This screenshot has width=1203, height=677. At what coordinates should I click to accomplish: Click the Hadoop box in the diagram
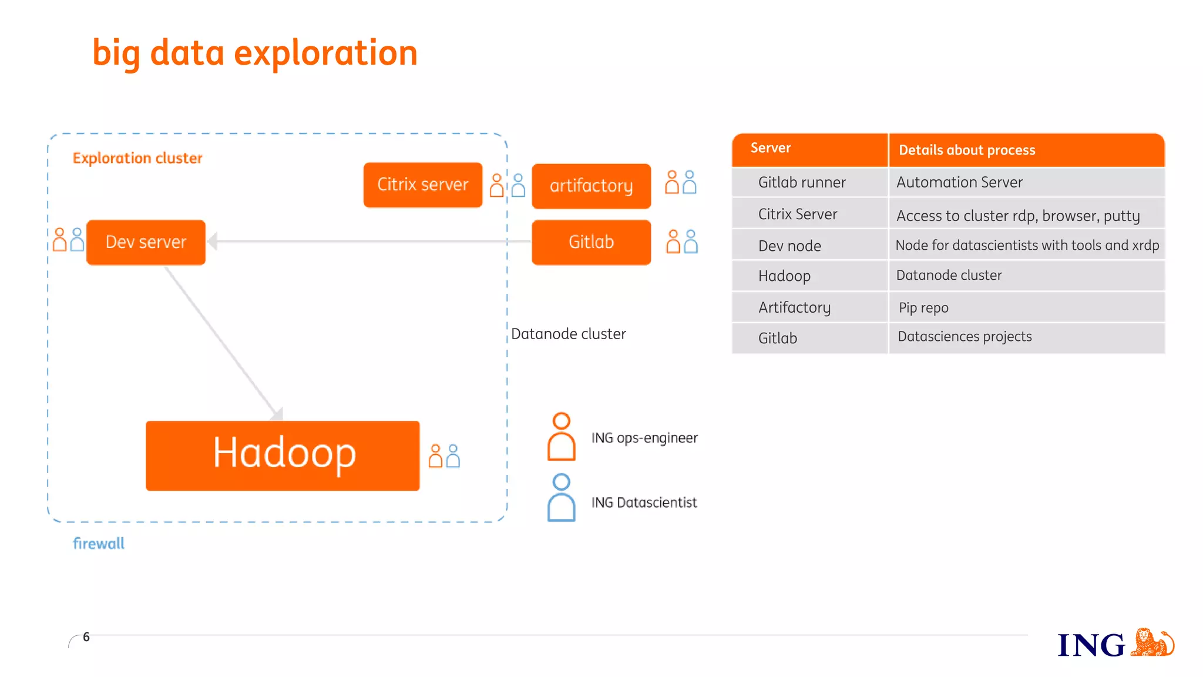(283, 455)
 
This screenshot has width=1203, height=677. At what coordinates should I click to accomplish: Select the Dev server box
(146, 242)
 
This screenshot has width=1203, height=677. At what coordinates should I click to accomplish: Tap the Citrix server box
(422, 185)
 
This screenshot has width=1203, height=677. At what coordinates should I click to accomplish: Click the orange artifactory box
(591, 186)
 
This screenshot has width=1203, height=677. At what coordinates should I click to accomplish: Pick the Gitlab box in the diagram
(591, 242)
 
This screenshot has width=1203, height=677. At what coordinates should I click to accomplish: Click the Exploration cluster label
(137, 158)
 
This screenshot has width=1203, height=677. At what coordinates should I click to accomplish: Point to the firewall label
(99, 544)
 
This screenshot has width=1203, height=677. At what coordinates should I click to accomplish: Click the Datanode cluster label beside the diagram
(568, 334)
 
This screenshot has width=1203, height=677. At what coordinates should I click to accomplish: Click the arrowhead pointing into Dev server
(213, 241)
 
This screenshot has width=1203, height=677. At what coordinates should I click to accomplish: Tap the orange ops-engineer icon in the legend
(561, 437)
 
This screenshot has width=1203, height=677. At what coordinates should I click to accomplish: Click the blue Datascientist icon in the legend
(561, 498)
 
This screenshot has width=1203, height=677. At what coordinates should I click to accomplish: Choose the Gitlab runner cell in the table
(802, 182)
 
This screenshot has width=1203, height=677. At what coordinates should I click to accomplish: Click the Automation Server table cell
(959, 182)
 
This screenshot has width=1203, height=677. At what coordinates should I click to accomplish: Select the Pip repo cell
(923, 307)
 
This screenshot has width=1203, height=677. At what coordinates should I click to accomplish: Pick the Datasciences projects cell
(965, 336)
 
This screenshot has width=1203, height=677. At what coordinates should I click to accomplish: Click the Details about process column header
(967, 150)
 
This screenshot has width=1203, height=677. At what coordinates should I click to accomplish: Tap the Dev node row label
(789, 246)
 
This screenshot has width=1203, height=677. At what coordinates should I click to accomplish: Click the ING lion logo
(1152, 642)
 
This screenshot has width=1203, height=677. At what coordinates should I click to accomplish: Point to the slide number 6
(86, 637)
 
